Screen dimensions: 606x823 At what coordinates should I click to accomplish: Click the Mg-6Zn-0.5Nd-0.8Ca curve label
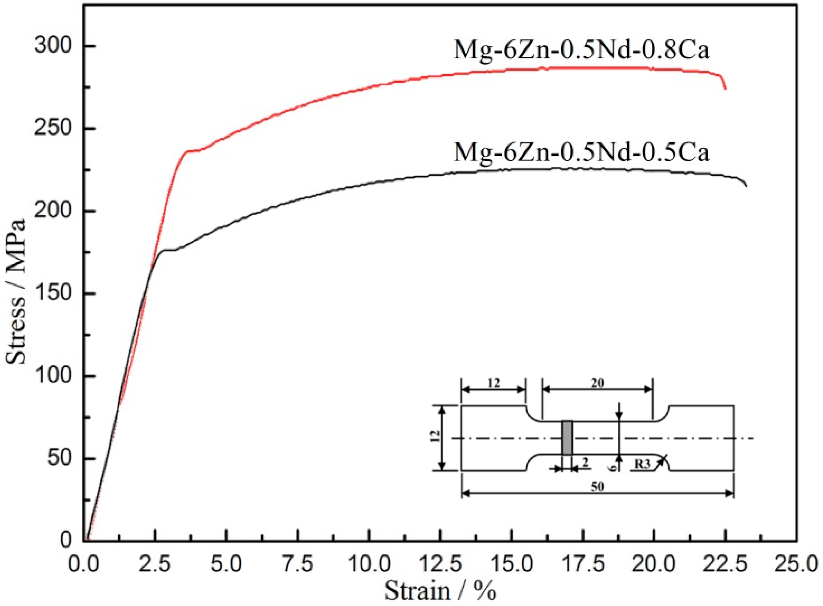tap(581, 50)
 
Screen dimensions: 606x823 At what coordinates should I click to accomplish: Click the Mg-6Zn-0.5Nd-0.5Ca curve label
tap(581, 152)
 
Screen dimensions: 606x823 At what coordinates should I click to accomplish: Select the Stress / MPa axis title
tap(17, 292)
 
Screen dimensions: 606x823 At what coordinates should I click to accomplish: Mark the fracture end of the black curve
tap(746, 186)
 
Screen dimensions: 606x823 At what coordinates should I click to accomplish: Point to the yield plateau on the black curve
tap(169, 250)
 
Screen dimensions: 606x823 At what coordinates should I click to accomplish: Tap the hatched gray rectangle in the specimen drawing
tap(567, 438)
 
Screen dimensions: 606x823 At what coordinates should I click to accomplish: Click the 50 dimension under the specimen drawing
tap(597, 487)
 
